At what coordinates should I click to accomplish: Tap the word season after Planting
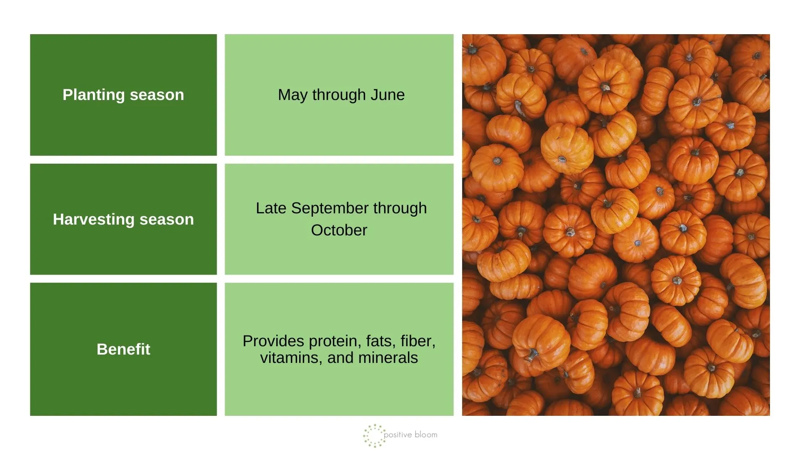[x=157, y=95]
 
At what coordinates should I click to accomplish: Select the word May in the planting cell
[x=292, y=95]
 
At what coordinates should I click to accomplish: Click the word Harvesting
[x=93, y=220]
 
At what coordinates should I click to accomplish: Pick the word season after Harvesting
[x=167, y=220]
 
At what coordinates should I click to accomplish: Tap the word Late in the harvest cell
[x=271, y=208]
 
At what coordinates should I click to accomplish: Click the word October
[x=339, y=230]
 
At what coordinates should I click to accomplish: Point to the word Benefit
[x=123, y=349]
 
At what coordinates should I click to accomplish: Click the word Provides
[x=273, y=341]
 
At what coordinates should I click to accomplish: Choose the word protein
[x=335, y=341]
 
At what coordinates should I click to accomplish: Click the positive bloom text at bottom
[x=410, y=435]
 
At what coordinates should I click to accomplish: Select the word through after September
[x=400, y=208]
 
